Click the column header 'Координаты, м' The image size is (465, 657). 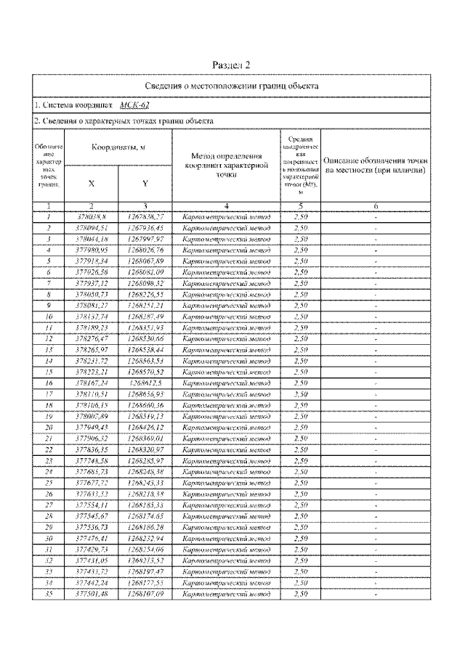click(x=118, y=147)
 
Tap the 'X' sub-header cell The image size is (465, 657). click(x=92, y=184)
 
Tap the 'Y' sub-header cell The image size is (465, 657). click(x=145, y=184)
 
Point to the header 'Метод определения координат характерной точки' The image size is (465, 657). click(x=226, y=165)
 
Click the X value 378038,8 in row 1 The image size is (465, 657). click(x=92, y=216)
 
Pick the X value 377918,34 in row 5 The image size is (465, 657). click(x=92, y=261)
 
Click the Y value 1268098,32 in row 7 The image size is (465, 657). click(x=145, y=282)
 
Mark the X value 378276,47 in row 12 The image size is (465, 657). click(x=92, y=338)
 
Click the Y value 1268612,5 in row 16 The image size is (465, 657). click(x=145, y=383)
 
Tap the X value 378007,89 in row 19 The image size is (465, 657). click(x=92, y=416)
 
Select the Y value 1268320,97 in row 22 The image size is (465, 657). click(x=145, y=449)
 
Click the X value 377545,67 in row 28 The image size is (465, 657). click(x=92, y=515)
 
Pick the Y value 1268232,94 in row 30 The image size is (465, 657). click(x=145, y=538)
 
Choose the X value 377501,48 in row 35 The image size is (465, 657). click(x=92, y=593)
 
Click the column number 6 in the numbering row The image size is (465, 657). click(x=376, y=206)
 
